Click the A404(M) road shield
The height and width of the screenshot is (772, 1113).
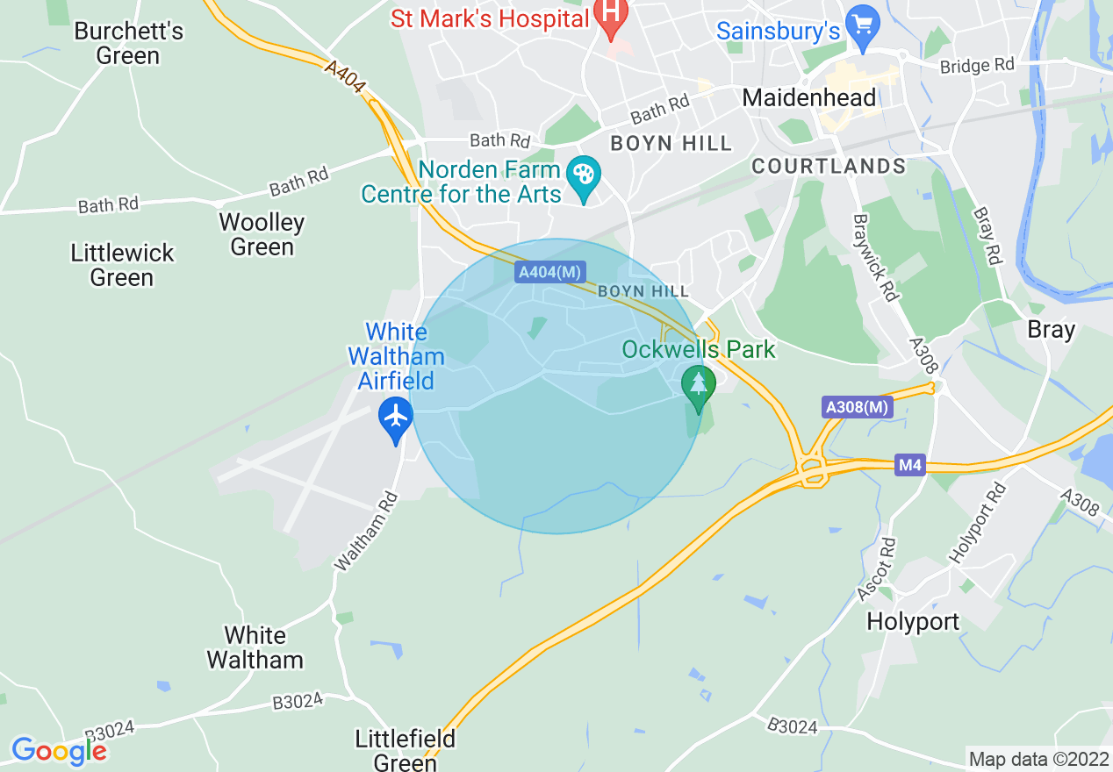(x=550, y=273)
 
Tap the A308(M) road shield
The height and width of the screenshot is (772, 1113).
(x=858, y=407)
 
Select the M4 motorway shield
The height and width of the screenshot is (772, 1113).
(x=910, y=465)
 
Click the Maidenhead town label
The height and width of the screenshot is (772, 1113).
(x=809, y=97)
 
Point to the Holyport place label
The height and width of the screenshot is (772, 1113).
(x=913, y=622)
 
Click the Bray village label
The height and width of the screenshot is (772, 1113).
(x=1051, y=330)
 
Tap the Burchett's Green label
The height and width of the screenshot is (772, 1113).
(x=128, y=43)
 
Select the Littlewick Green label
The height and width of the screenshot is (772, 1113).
(x=123, y=265)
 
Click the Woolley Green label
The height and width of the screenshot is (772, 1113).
(x=262, y=234)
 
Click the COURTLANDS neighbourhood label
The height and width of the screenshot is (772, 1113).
(x=829, y=166)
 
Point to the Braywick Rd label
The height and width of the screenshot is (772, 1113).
(x=875, y=258)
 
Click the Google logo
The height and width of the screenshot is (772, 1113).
(x=59, y=751)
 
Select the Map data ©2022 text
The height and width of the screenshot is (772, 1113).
(x=1038, y=759)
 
